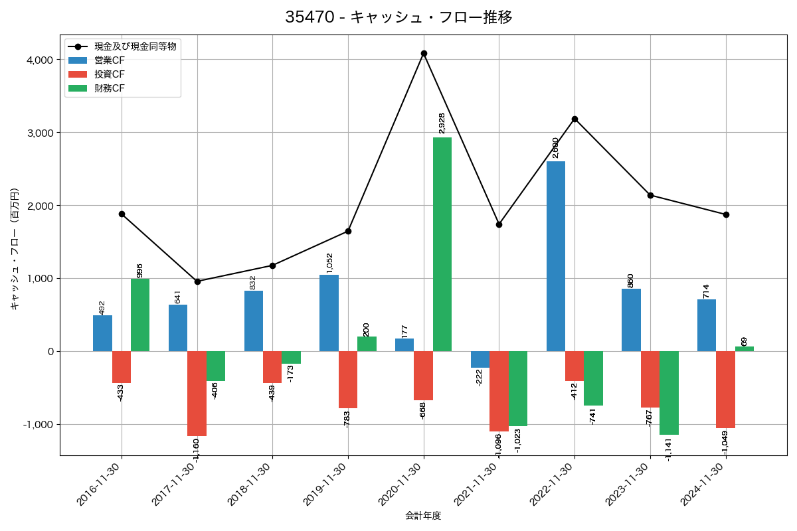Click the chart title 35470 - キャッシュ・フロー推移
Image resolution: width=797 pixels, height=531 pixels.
(x=398, y=17)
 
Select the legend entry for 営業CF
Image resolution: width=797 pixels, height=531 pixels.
(x=110, y=60)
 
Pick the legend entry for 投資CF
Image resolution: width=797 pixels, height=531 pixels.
(x=110, y=74)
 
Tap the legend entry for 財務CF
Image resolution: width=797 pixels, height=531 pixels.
(x=110, y=88)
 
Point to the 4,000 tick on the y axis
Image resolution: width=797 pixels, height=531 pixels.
(x=39, y=60)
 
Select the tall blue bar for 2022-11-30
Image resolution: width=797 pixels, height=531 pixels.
(x=556, y=256)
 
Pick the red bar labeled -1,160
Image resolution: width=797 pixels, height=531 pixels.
(x=197, y=394)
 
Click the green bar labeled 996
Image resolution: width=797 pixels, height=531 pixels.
(x=140, y=315)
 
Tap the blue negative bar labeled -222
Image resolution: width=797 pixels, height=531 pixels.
(x=480, y=359)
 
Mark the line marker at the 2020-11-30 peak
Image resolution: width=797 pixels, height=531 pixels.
(x=424, y=53)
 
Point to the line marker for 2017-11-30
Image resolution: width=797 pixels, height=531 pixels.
(x=197, y=281)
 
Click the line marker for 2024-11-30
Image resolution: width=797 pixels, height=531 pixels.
(x=726, y=214)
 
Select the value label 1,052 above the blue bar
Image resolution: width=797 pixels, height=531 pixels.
(x=329, y=263)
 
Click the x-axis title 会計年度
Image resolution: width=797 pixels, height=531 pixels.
(x=423, y=516)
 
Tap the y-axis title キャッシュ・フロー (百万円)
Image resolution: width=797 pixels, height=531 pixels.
(x=14, y=249)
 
